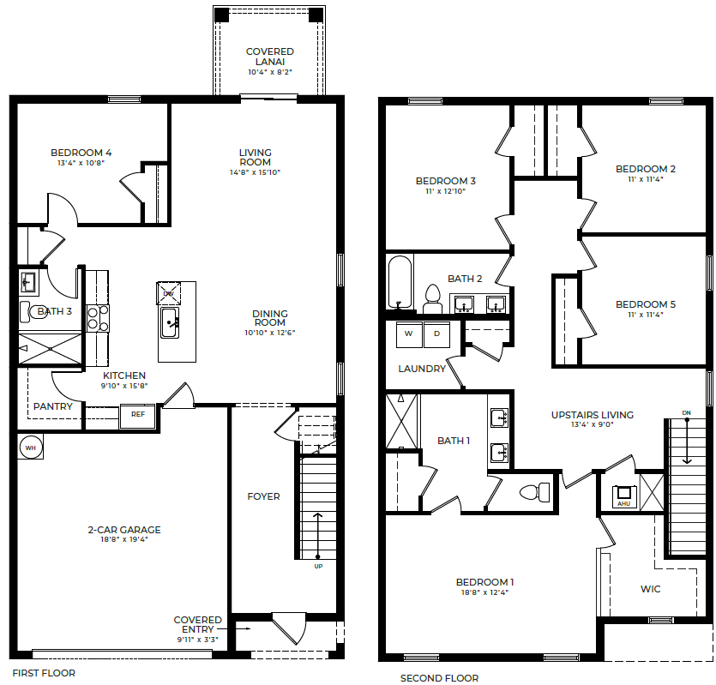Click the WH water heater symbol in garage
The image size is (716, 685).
(30, 447)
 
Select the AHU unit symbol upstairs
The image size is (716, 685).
(624, 496)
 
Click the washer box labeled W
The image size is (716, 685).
(408, 333)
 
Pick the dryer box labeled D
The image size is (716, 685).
(436, 333)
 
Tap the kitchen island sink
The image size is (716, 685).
(171, 322)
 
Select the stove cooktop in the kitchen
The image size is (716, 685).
(97, 318)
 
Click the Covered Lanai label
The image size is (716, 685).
(269, 57)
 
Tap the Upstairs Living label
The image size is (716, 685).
(592, 415)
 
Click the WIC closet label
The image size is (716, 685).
(651, 589)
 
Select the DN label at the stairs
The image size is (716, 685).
(686, 413)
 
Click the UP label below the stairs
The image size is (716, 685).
(319, 567)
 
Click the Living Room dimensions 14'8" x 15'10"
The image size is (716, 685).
(255, 171)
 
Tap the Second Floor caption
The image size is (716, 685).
(439, 678)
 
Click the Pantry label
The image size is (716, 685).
(52, 406)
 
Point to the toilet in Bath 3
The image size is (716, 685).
(28, 311)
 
